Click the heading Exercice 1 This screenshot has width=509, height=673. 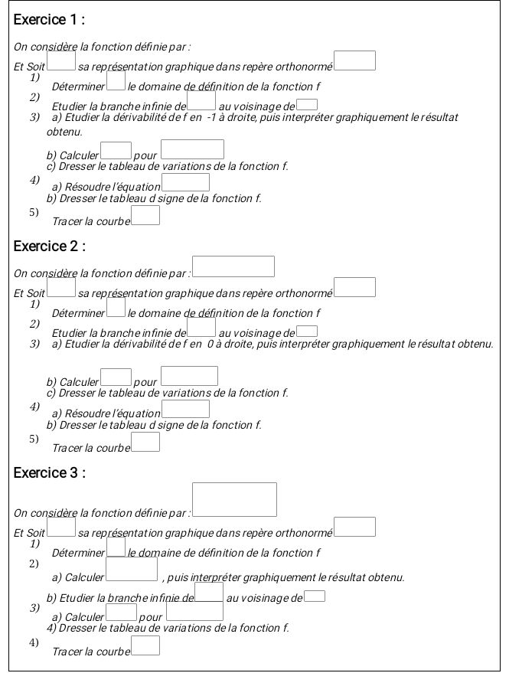[x=49, y=19]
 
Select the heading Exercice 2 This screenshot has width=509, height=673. [x=49, y=247]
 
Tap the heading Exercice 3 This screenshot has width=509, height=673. [x=49, y=473]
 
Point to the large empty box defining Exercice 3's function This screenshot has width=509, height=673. [x=234, y=499]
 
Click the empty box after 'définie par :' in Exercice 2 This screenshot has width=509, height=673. [x=233, y=266]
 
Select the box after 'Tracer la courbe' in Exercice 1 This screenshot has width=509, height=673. [x=145, y=215]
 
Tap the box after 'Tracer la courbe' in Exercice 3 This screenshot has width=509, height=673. [x=145, y=646]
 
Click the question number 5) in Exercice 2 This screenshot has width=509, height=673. [x=34, y=439]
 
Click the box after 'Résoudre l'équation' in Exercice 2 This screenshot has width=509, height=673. [x=185, y=409]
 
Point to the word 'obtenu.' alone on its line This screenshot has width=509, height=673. [x=64, y=132]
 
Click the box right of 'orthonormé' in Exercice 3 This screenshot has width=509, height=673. [x=355, y=527]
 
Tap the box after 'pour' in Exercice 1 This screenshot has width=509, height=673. [x=193, y=149]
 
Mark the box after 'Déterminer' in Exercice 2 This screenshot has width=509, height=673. [x=116, y=307]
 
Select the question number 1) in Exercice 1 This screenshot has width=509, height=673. [x=34, y=77]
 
